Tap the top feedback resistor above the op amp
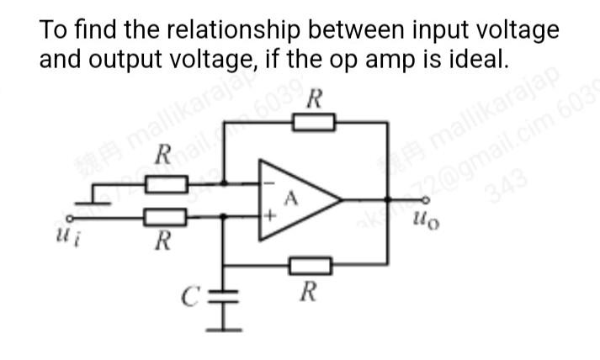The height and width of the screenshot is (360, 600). pyautogui.click(x=313, y=124)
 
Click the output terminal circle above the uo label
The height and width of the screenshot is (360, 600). pyautogui.click(x=427, y=200)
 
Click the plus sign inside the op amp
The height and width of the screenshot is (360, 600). pyautogui.click(x=270, y=217)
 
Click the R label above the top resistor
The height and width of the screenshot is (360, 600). pyautogui.click(x=314, y=98)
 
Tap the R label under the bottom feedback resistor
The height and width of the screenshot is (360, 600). pyautogui.click(x=309, y=293)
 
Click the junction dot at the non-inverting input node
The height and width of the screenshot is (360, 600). pyautogui.click(x=225, y=217)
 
